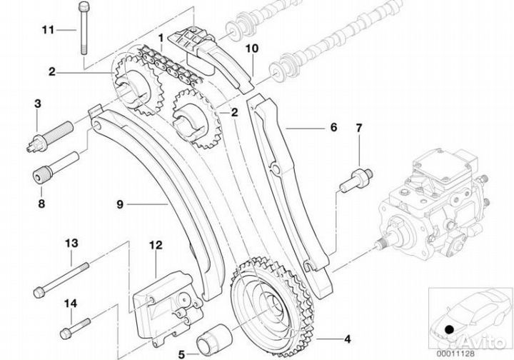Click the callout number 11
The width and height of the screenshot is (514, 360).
click(x=48, y=30)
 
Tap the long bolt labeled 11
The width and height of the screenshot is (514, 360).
click(x=84, y=28)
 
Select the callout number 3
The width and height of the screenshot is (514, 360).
click(x=38, y=104)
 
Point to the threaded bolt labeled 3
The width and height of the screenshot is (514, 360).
click(x=49, y=136)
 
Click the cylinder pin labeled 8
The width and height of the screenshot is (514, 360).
click(x=56, y=168)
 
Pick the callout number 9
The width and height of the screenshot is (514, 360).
click(x=120, y=204)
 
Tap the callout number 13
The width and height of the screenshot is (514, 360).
click(x=71, y=244)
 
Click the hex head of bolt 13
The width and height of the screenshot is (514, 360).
click(x=39, y=293)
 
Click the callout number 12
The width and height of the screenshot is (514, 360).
click(x=156, y=245)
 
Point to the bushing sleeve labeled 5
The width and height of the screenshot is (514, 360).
click(x=214, y=340)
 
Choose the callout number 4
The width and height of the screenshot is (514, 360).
click(x=347, y=339)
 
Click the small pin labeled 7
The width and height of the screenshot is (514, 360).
click(x=356, y=180)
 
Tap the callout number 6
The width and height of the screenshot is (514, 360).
click(x=333, y=127)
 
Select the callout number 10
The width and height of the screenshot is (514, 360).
click(x=252, y=49)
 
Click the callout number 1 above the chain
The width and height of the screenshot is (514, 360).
click(x=161, y=38)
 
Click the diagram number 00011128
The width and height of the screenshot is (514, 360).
click(x=455, y=354)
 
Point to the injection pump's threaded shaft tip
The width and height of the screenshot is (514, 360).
click(x=381, y=244)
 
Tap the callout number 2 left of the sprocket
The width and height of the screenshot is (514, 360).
click(x=52, y=72)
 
